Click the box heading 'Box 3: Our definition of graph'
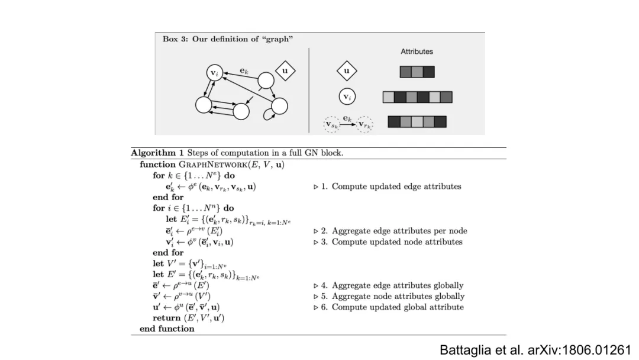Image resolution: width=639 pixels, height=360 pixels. click(x=228, y=39)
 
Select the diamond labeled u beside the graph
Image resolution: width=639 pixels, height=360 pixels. click(x=285, y=71)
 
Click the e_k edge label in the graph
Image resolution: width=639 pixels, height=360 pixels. click(x=244, y=70)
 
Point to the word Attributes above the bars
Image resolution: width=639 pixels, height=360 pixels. click(x=417, y=52)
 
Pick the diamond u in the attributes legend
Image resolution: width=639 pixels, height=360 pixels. click(x=346, y=72)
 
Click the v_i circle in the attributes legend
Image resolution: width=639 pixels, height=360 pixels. click(x=346, y=97)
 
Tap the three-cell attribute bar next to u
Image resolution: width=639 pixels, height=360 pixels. click(x=417, y=72)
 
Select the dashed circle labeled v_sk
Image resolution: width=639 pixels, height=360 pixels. click(x=331, y=124)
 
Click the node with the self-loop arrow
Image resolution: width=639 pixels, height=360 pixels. click(x=279, y=107)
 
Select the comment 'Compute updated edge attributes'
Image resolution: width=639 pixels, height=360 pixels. click(x=396, y=187)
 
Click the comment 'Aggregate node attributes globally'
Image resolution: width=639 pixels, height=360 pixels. click(x=398, y=296)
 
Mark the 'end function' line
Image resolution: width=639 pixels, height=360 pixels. click(x=167, y=329)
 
